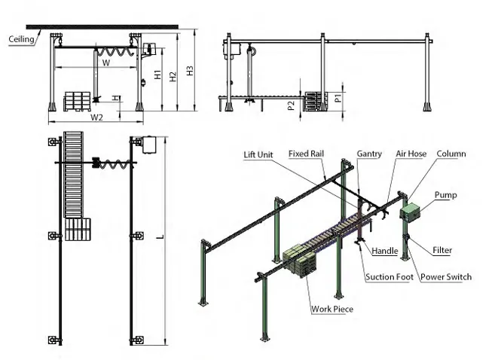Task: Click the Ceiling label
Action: pyautogui.click(x=21, y=39)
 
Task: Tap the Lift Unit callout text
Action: pyautogui.click(x=258, y=154)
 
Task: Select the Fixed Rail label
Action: pyautogui.click(x=306, y=154)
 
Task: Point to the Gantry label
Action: pyautogui.click(x=369, y=154)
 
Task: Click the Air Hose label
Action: pyautogui.click(x=411, y=154)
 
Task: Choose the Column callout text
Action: pyautogui.click(x=451, y=154)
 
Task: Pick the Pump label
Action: pyautogui.click(x=445, y=195)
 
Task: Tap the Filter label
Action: pyautogui.click(x=442, y=250)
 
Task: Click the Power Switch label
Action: pyautogui.click(x=446, y=277)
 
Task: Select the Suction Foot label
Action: pyautogui.click(x=390, y=277)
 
